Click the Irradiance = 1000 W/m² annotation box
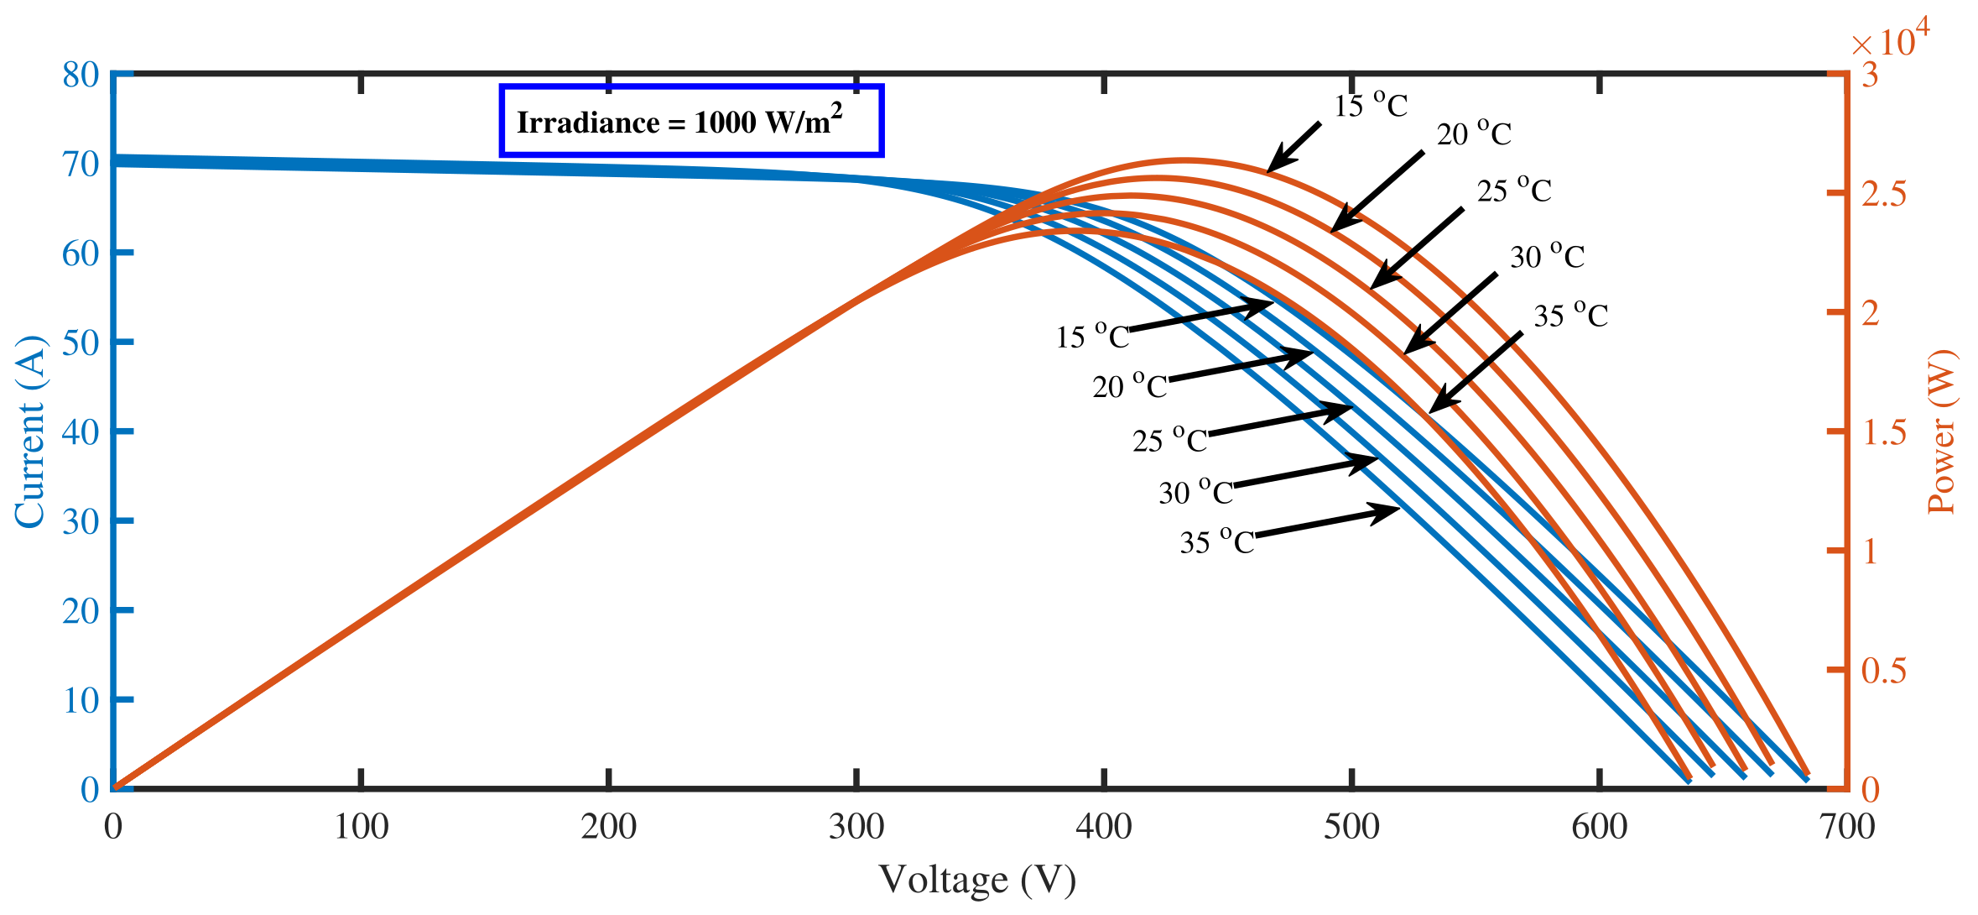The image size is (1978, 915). pyautogui.click(x=690, y=121)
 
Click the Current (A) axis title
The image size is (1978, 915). pyautogui.click(x=30, y=431)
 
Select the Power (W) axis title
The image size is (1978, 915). pyautogui.click(x=1941, y=431)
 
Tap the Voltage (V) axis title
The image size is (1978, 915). pyautogui.click(x=977, y=880)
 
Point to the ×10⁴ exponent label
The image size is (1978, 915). pyautogui.click(x=1889, y=39)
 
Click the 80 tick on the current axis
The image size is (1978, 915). pyautogui.click(x=81, y=75)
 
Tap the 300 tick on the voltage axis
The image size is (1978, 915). pyautogui.click(x=856, y=828)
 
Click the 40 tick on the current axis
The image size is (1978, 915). pyautogui.click(x=81, y=432)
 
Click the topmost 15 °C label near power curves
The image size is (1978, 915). pyautogui.click(x=1371, y=106)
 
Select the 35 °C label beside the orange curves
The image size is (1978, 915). pyautogui.click(x=1570, y=316)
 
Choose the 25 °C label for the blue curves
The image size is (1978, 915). pyautogui.click(x=1169, y=440)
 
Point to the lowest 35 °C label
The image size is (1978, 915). pyautogui.click(x=1216, y=541)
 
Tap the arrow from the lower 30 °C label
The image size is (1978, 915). pyautogui.click(x=1305, y=473)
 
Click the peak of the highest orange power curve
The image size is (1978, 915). pyautogui.click(x=1184, y=159)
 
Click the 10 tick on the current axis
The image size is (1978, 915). pyautogui.click(x=81, y=700)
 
